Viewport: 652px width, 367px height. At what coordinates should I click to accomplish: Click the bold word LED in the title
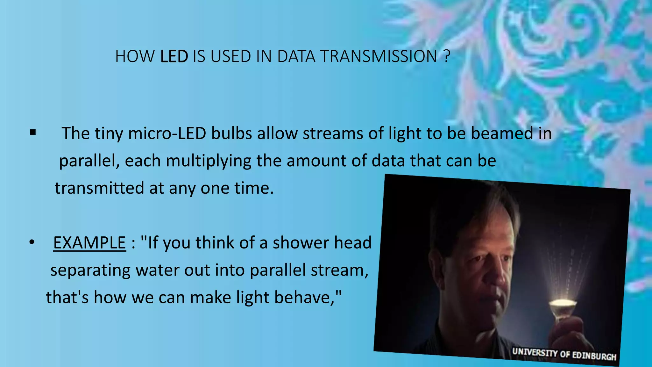(174, 56)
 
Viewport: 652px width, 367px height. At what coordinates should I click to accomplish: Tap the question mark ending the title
(446, 56)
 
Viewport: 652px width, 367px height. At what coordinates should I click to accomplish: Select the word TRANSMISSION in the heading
(379, 56)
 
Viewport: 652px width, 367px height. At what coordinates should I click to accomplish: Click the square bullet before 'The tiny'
(32, 132)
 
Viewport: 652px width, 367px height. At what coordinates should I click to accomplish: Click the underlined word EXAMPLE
(89, 243)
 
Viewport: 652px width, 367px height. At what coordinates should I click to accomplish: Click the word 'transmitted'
(99, 188)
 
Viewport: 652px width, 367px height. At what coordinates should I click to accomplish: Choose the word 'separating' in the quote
(90, 270)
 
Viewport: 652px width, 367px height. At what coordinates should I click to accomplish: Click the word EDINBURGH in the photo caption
(594, 356)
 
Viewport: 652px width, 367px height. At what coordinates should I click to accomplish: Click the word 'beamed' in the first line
(502, 133)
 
